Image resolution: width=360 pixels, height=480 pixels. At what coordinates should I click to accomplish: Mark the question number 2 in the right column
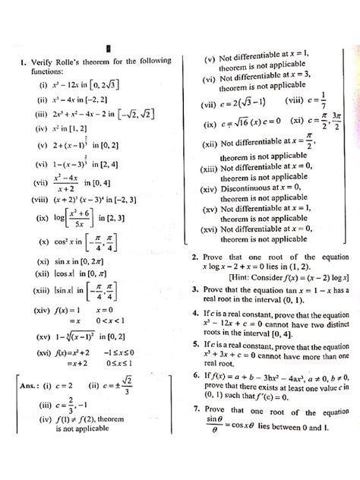tap(196, 257)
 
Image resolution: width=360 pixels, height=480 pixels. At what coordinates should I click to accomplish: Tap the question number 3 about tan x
tap(196, 291)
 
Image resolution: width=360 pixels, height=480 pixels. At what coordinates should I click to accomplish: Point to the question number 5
tap(196, 343)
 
